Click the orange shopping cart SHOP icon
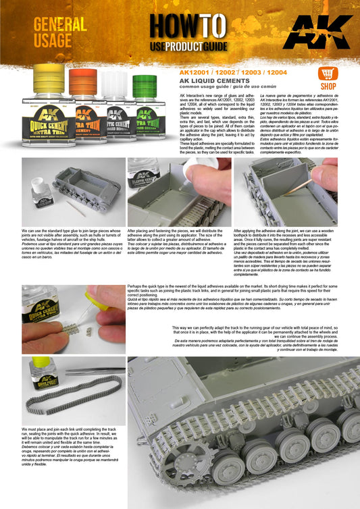pos(329,77)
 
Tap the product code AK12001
pos(193,70)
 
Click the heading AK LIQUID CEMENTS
pos(212,80)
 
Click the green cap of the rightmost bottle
pos(145,86)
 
